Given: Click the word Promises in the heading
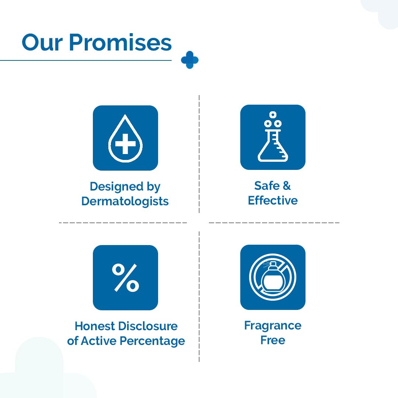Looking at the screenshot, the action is [120, 43].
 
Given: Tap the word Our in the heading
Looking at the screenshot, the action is [42, 43].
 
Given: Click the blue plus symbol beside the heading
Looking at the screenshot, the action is [190, 60].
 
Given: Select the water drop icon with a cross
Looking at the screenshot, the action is [125, 138].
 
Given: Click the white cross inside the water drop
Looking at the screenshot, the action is [125, 144].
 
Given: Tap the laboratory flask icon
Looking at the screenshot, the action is [273, 137].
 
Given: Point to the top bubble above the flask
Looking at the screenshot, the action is [273, 115].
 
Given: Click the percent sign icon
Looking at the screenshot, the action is [125, 277].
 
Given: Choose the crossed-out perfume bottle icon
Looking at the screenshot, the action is [273, 277].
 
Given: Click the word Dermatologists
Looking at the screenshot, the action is [125, 201].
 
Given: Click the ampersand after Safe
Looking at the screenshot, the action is [287, 185].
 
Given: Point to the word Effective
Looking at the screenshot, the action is [273, 200].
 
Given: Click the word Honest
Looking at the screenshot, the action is [95, 326].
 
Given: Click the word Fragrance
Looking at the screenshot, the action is [273, 325].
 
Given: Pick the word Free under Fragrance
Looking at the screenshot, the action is [273, 340].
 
